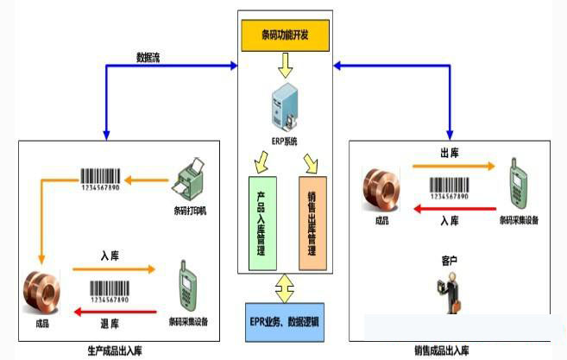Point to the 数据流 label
[x=148, y=59]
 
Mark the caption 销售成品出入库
[x=442, y=351]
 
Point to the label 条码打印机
[x=190, y=210]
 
